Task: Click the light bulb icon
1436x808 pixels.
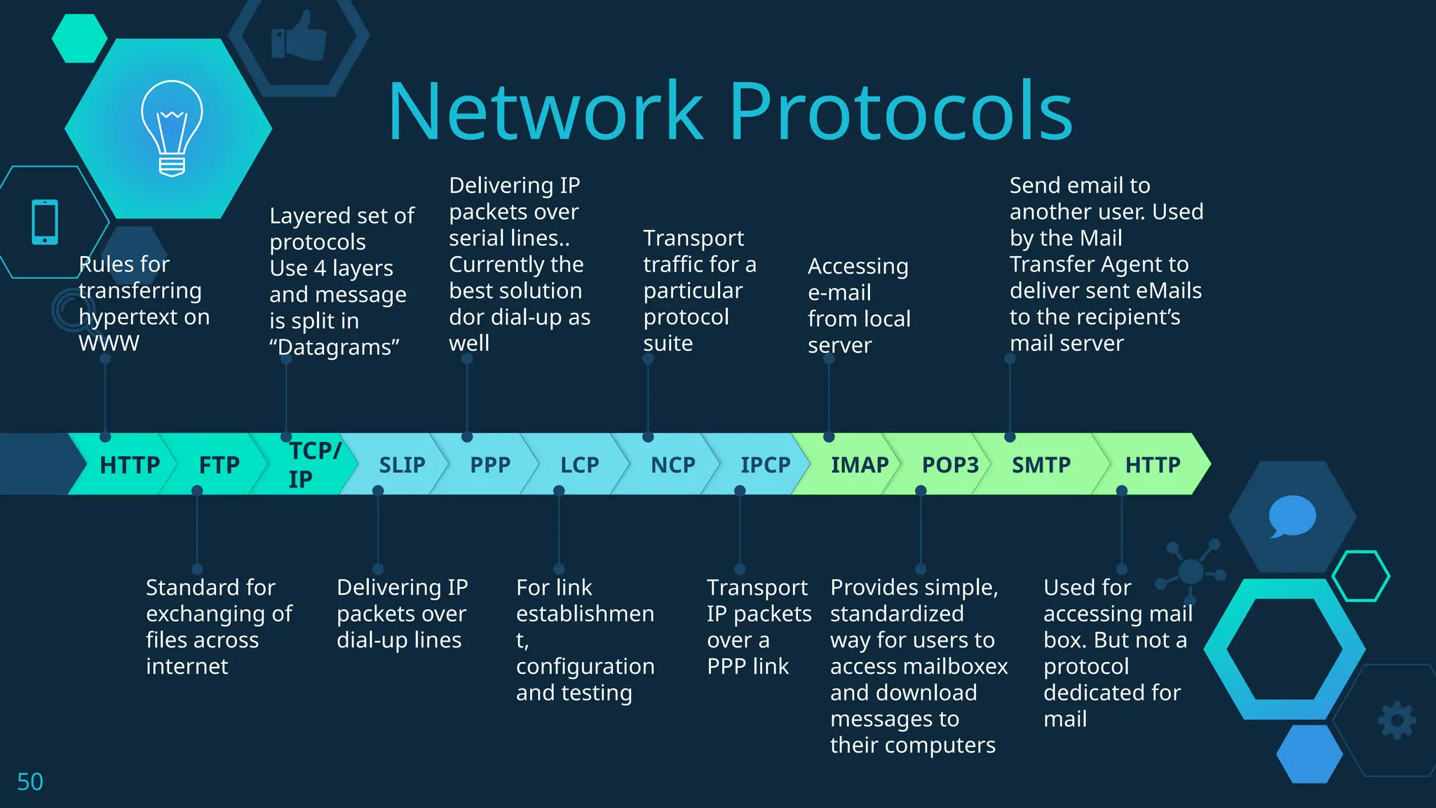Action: point(172,128)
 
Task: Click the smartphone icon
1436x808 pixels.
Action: point(45,222)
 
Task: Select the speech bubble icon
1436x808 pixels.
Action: point(1292,516)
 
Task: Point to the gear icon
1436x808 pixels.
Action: point(1397,720)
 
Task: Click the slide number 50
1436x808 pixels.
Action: point(30,782)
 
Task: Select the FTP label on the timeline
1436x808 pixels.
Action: point(219,465)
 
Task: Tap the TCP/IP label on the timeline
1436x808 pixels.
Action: point(313,464)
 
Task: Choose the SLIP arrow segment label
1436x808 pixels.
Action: point(402,465)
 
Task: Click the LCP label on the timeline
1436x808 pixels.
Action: point(579,465)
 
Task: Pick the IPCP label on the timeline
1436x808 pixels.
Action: point(765,465)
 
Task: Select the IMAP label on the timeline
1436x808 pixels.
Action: point(859,465)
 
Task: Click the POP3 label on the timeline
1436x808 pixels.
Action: point(949,465)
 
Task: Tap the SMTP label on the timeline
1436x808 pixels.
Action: point(1041,465)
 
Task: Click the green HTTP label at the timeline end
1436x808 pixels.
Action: point(1152,465)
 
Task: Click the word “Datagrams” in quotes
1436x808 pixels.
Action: point(334,347)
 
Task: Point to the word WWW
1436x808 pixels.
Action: point(109,344)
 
